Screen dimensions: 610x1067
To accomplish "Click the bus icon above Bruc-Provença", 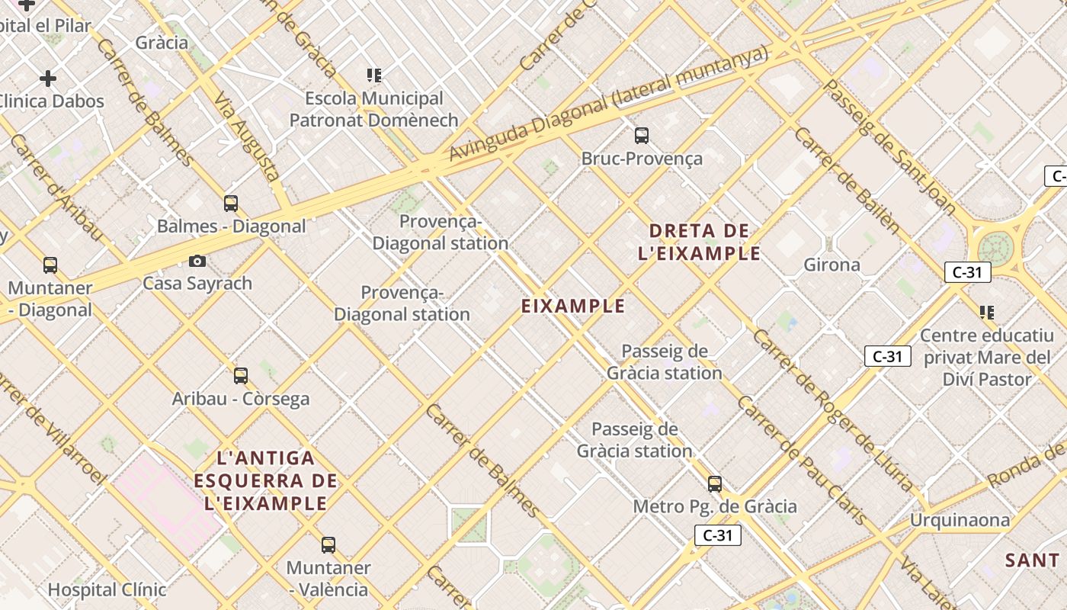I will [642, 136].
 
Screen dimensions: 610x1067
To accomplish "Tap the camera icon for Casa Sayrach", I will [197, 262].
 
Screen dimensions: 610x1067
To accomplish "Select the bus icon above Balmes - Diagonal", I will [231, 204].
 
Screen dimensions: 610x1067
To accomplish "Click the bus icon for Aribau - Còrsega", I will [241, 376].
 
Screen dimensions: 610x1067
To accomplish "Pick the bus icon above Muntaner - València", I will [328, 545].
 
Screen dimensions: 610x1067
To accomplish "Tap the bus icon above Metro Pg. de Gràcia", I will [715, 484].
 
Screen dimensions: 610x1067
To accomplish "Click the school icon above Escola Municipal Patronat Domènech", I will [373, 75].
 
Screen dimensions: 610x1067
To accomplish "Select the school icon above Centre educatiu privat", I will [987, 313].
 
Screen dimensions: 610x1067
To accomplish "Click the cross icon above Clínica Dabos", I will [48, 79].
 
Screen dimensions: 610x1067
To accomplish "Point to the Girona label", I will [831, 265].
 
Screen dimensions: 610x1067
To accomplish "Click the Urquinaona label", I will [960, 521].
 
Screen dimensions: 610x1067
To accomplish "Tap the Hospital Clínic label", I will [107, 589].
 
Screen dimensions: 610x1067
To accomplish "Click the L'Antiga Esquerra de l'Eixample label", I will [265, 481].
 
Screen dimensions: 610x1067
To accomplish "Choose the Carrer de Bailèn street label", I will [846, 180].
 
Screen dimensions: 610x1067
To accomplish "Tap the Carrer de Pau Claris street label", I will [802, 461].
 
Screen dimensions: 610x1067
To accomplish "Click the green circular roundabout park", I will [995, 248].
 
